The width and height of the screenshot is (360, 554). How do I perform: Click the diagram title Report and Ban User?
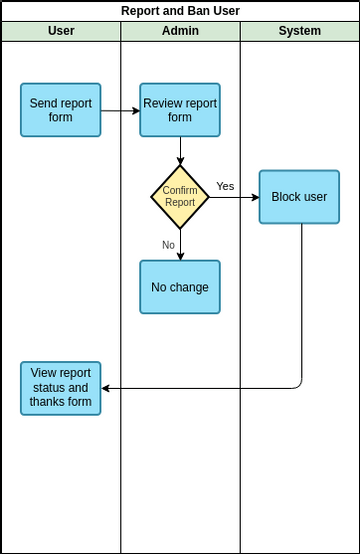(x=180, y=11)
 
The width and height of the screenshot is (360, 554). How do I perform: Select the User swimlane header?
(x=61, y=31)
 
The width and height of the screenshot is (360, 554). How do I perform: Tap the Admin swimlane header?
(x=180, y=31)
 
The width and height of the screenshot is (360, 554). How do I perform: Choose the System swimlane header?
(x=299, y=31)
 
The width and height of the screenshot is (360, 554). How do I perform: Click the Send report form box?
(x=61, y=110)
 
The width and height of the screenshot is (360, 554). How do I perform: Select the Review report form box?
(x=180, y=110)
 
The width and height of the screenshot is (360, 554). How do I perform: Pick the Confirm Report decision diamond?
(x=180, y=197)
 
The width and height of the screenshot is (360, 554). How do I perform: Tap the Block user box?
(x=299, y=197)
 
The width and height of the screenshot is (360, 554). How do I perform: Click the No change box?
(x=180, y=287)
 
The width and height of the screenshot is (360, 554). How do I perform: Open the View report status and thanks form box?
(x=61, y=388)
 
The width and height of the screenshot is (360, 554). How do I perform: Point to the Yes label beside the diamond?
(x=225, y=186)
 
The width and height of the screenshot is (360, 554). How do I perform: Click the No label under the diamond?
(x=168, y=244)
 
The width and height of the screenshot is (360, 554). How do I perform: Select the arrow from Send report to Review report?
(x=120, y=110)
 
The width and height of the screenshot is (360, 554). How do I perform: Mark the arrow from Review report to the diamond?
(x=180, y=150)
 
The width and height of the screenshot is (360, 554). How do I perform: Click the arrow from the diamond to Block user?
(x=234, y=197)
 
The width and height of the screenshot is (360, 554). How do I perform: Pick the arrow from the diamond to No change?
(x=180, y=244)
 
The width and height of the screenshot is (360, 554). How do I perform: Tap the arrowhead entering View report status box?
(x=106, y=388)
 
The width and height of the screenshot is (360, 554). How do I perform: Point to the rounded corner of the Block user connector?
(x=299, y=385)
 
